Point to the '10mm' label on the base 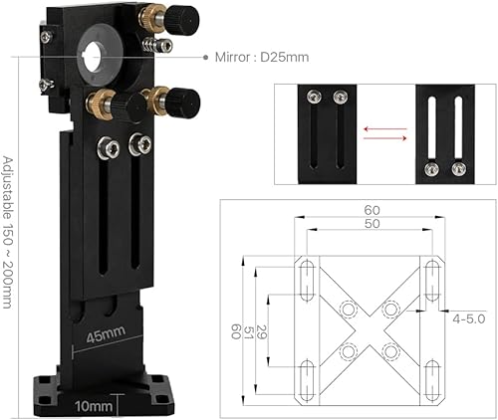click(91, 405)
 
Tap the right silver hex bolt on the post click(136, 146)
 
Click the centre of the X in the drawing click(368, 329)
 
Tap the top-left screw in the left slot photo click(313, 98)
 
